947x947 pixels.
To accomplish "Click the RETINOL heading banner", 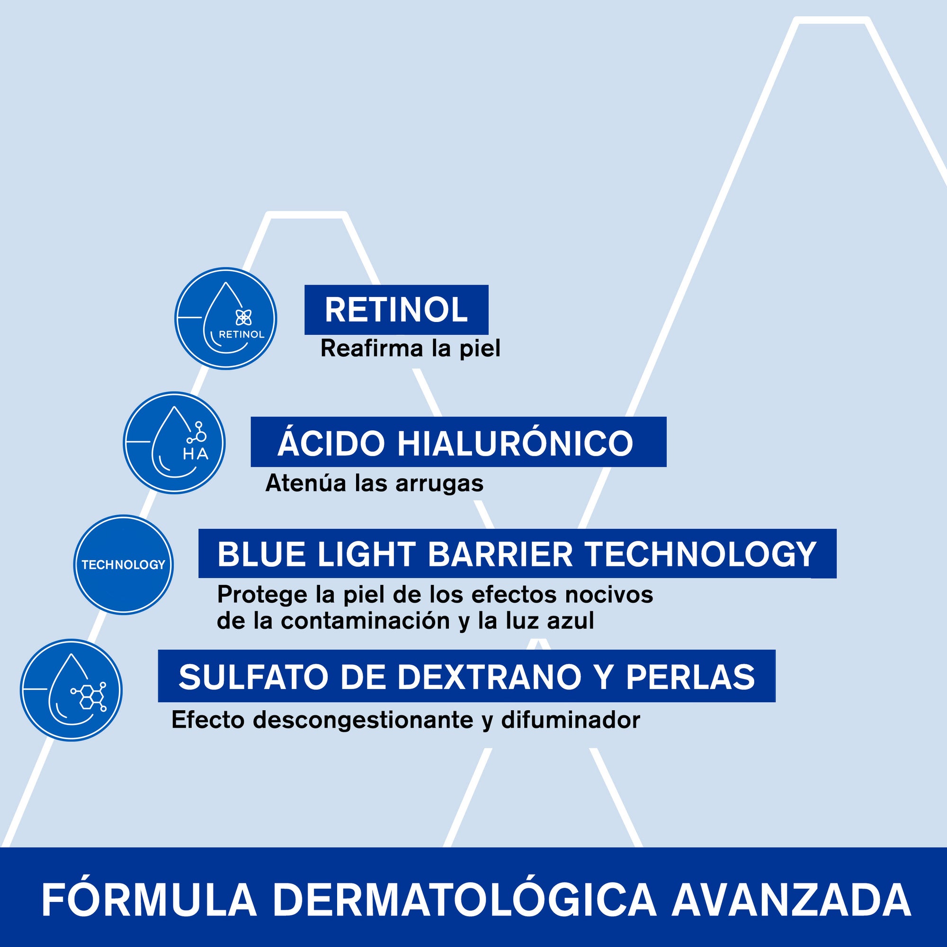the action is click(x=396, y=310).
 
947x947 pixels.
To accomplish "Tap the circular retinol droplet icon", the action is click(x=226, y=319).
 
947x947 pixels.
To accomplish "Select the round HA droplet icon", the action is click(x=174, y=443).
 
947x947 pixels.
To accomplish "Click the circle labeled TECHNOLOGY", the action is click(x=124, y=564).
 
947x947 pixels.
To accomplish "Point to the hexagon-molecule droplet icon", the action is click(x=71, y=690).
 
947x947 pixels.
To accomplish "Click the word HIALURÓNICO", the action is click(x=515, y=443).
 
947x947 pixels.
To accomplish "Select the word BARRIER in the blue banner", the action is click(x=500, y=554).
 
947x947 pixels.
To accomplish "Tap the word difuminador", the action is click(x=571, y=720).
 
